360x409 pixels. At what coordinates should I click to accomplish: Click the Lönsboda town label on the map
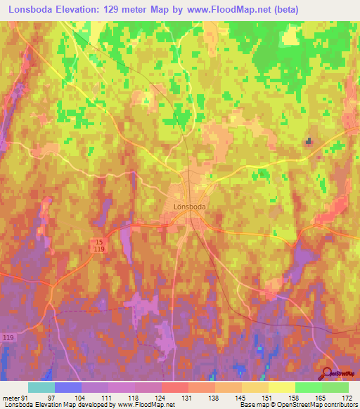coord(190,207)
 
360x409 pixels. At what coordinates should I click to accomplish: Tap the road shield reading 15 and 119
coord(101,245)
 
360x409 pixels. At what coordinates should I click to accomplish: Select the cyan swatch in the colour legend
coord(41,387)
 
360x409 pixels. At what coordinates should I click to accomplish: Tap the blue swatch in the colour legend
coord(68,387)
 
